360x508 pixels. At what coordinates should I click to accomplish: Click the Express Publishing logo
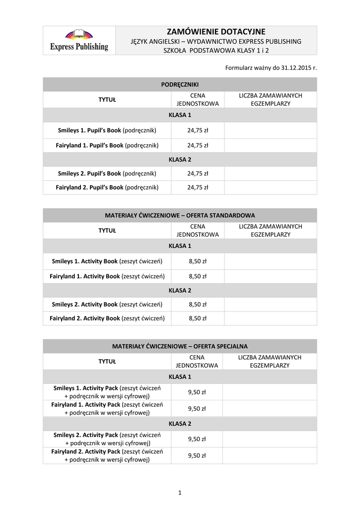(x=79, y=40)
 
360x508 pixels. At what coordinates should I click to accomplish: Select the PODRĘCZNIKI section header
(x=180, y=85)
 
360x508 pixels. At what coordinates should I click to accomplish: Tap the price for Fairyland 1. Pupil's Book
(x=198, y=145)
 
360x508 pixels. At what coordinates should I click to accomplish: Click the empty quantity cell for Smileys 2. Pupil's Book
(x=270, y=174)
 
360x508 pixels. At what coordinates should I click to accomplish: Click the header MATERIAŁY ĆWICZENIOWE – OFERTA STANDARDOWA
(x=180, y=216)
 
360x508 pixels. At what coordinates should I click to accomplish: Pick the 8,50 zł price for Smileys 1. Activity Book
(x=198, y=261)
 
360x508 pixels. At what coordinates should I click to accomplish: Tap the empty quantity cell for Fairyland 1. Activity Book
(x=270, y=276)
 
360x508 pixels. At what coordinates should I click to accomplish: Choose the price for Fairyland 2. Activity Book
(x=198, y=318)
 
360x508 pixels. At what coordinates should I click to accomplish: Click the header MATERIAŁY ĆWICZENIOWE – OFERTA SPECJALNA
(x=180, y=346)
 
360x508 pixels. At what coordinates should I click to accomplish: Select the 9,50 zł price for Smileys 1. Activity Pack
(x=197, y=392)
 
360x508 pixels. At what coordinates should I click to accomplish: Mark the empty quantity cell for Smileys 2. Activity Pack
(x=269, y=439)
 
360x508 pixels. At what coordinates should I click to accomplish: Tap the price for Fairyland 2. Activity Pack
(x=197, y=455)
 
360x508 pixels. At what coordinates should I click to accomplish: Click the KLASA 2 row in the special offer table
(x=180, y=424)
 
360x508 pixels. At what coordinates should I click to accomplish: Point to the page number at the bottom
(x=180, y=493)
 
